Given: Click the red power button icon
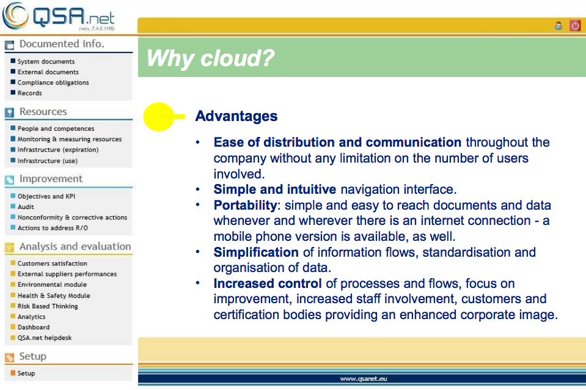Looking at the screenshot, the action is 575,26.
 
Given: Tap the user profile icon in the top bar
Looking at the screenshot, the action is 559,26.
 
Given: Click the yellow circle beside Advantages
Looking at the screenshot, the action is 159,117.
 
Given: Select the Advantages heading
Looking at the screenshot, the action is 236,116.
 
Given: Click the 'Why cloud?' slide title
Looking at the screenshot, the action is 210,58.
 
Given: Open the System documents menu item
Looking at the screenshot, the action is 46,61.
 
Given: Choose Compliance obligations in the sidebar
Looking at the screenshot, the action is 53,83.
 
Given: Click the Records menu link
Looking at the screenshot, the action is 29,93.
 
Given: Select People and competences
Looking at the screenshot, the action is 56,128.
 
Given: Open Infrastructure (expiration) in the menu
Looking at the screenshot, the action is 58,150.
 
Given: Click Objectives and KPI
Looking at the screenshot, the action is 46,196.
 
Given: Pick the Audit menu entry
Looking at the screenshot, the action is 26,207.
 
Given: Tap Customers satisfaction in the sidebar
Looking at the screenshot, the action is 52,263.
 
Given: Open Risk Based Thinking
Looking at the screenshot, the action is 48,306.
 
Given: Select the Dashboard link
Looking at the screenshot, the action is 33,327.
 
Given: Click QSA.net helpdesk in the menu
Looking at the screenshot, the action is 45,337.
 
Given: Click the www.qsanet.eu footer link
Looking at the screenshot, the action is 363,379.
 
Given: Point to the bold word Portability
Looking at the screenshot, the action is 245,205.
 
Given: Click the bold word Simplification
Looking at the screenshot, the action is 256,252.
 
